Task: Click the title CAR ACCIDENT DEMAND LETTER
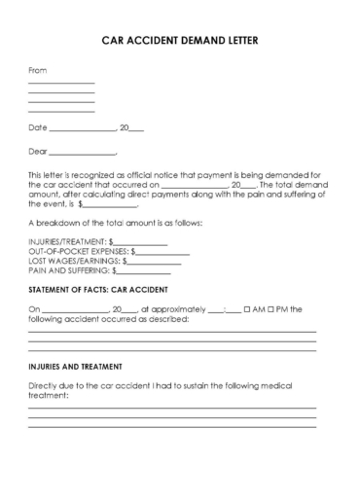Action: pos(180,43)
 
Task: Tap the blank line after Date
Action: pos(82,129)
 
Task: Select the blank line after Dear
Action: pos(82,154)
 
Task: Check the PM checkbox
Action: pos(271,309)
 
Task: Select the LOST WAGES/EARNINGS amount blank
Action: pos(157,261)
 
